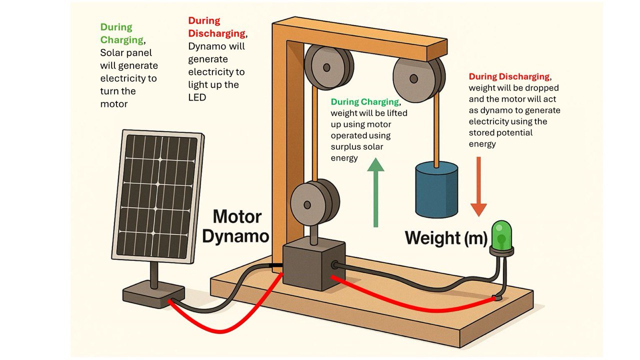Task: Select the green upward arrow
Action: tap(375, 193)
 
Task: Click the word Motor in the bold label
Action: tap(237, 216)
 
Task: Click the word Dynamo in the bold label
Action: tap(235, 236)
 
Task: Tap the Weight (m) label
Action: tap(446, 238)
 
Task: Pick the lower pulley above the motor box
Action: tap(315, 202)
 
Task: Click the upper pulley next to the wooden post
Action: tap(329, 67)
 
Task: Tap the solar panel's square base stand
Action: tap(153, 294)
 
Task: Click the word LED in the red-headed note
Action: tap(197, 97)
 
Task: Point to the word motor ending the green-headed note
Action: tap(114, 104)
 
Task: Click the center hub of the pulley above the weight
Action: tap(413, 78)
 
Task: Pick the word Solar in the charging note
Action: tap(111, 53)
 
